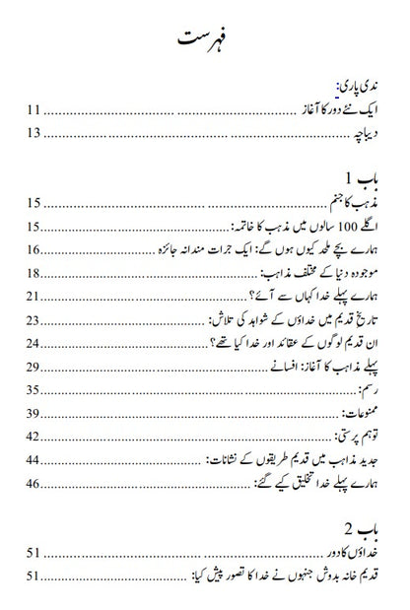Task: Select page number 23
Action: pyautogui.click(x=34, y=320)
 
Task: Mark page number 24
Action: pyautogui.click(x=34, y=343)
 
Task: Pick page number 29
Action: pyautogui.click(x=34, y=367)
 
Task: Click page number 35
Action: pyautogui.click(x=34, y=389)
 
